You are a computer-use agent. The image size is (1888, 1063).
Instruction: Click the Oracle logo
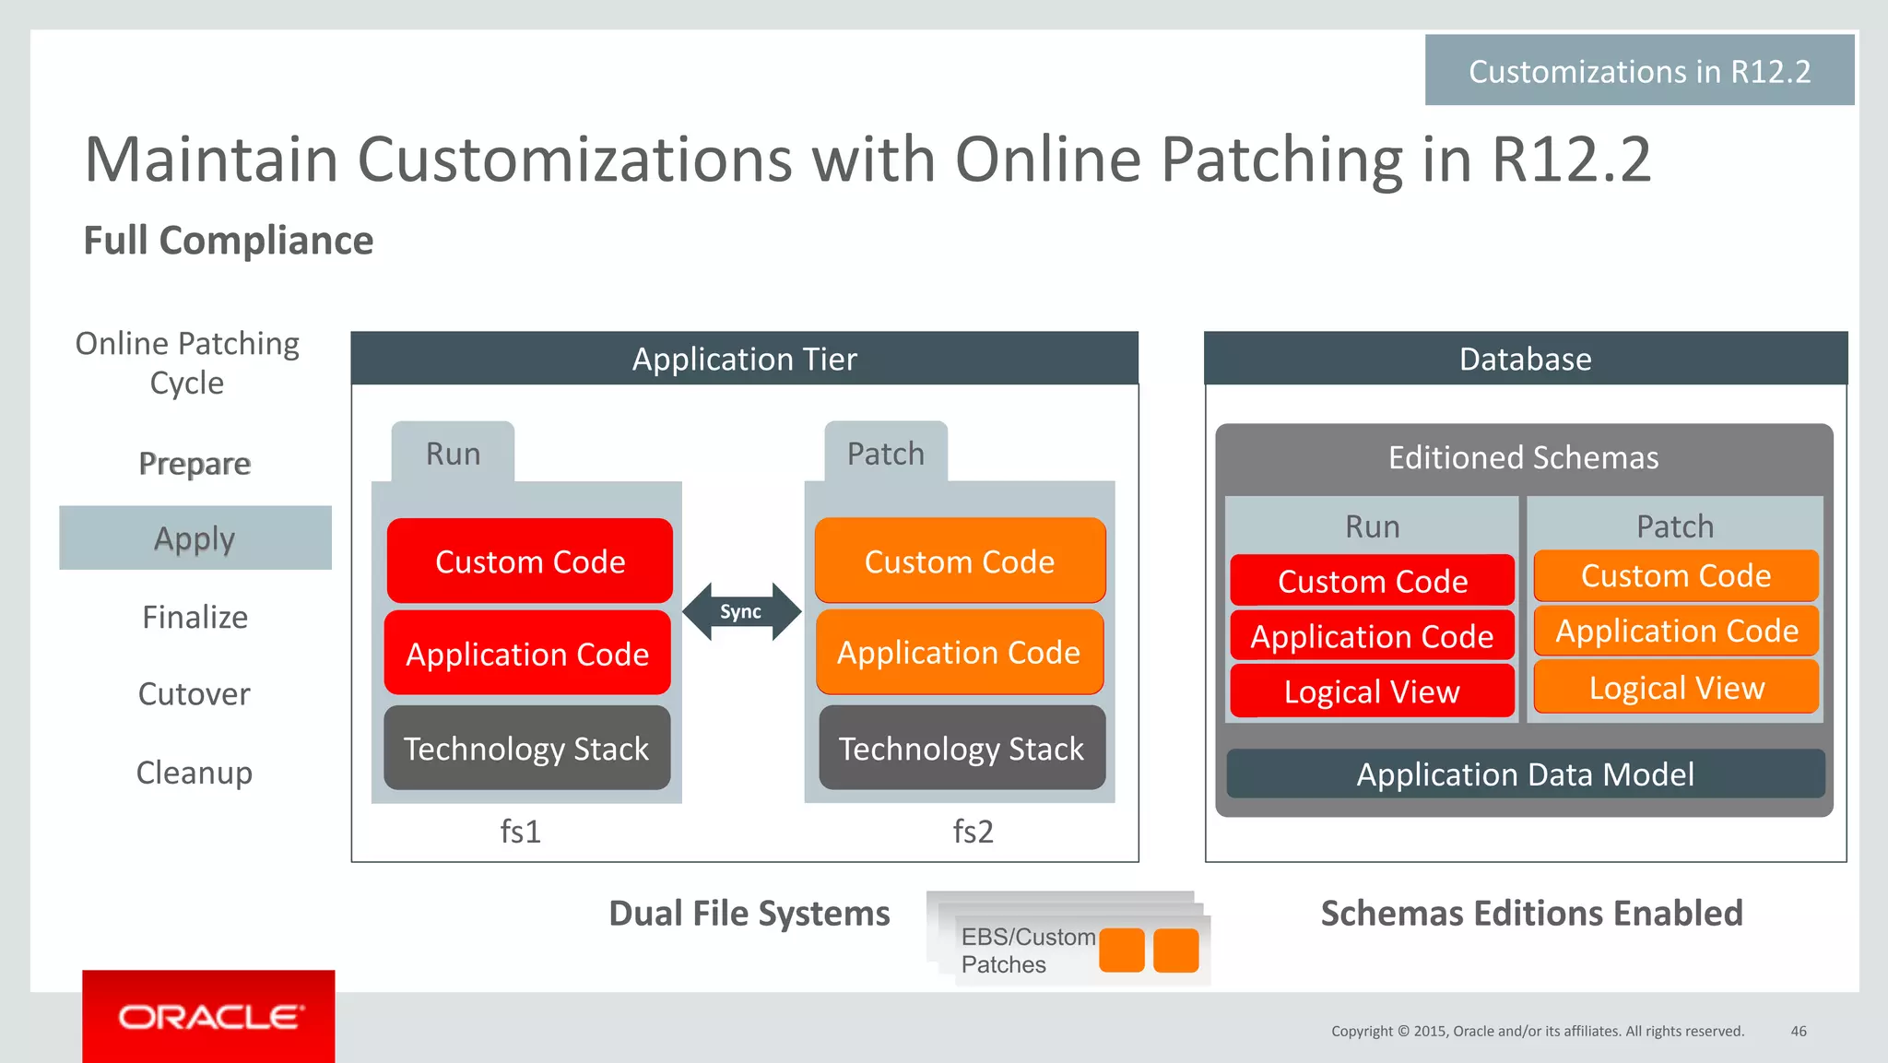209,1017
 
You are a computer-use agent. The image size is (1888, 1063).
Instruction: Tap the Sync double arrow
741,611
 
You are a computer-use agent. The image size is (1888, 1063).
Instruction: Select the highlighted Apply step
195,537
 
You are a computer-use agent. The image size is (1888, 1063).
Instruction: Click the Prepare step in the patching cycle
195,463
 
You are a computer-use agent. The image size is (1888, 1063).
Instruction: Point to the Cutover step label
194,693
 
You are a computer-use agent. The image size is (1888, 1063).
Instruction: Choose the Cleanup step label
194,772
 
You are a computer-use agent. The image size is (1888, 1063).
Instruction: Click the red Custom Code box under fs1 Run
529,561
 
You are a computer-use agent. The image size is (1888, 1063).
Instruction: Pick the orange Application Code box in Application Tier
959,652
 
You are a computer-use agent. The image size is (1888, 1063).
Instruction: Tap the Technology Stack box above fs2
962,748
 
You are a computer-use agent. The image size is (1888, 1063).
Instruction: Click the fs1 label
520,832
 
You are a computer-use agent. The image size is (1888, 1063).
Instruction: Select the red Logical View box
1372,691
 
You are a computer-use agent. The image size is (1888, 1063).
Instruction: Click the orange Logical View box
1676,687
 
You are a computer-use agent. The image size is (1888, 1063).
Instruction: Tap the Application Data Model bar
1525,774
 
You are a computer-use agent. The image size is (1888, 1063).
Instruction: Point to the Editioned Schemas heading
1523,457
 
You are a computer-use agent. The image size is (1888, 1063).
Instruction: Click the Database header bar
1525,359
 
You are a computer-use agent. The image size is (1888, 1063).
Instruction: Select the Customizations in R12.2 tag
1639,71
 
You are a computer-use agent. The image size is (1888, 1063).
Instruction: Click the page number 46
1798,1031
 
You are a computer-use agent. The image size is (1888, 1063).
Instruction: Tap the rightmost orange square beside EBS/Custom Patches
1175,951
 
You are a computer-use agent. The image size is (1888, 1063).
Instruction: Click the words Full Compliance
229,241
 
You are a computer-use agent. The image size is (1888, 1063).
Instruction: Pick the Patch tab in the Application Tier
885,453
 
